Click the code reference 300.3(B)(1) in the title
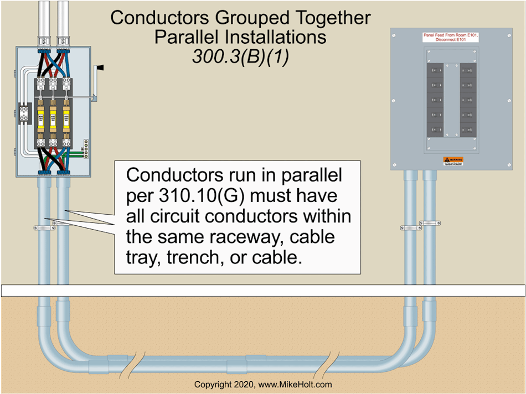[x=240, y=57]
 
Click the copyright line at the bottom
[x=263, y=385]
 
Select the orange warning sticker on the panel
[x=453, y=161]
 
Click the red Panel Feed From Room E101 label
[x=447, y=37]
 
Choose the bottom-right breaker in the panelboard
[x=468, y=131]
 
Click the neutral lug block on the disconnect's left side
[x=24, y=113]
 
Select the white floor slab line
[x=263, y=291]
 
